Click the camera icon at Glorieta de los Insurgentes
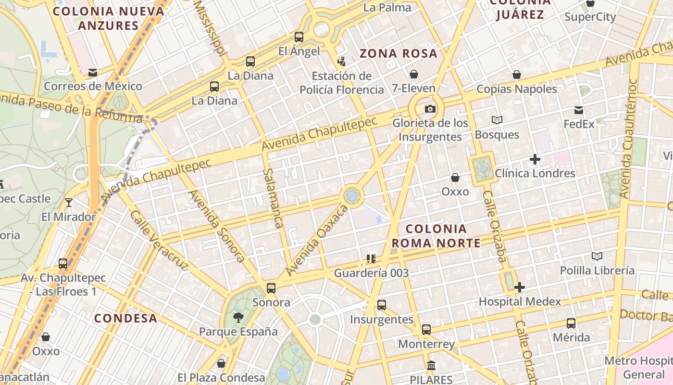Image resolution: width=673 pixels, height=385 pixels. (x=430, y=109)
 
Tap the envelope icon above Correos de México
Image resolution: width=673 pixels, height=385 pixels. (x=93, y=73)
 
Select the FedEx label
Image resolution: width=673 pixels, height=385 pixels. (x=579, y=124)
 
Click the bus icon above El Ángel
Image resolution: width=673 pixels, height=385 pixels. (x=299, y=37)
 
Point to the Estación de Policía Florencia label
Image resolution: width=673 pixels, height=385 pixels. (x=342, y=83)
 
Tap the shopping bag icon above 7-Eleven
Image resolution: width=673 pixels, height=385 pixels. (x=413, y=74)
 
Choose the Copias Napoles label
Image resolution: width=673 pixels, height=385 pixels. (x=517, y=89)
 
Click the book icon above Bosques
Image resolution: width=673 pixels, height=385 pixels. (x=497, y=120)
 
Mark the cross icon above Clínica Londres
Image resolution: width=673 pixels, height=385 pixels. (x=535, y=159)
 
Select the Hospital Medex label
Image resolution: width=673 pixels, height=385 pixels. (x=520, y=302)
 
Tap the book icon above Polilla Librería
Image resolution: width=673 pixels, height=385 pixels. (x=597, y=257)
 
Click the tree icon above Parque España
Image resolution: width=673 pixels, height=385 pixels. (x=238, y=317)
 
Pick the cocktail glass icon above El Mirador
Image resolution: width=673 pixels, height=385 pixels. (x=69, y=202)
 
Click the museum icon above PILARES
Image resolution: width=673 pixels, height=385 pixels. (x=431, y=365)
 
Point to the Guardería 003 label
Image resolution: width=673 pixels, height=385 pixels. (x=371, y=273)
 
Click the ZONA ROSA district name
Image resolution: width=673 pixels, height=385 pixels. (x=399, y=53)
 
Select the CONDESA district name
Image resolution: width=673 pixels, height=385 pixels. (x=125, y=318)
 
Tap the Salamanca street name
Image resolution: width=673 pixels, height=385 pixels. (x=272, y=198)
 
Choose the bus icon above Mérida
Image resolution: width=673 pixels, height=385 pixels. (x=571, y=323)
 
